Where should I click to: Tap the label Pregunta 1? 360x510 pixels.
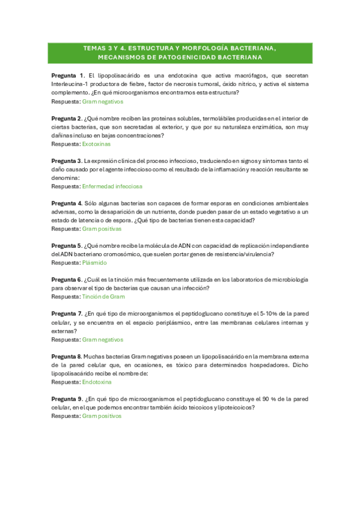68,76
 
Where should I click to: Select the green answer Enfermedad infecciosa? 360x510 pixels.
112,186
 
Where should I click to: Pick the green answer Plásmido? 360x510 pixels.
94,263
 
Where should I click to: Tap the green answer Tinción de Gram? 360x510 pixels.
103,296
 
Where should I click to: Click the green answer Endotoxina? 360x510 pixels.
97,381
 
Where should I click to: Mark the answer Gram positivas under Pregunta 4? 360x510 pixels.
102,229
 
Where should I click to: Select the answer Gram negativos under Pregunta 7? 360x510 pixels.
102,339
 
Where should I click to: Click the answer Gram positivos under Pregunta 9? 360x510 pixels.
102,416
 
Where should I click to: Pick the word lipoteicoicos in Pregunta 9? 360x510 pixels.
235,407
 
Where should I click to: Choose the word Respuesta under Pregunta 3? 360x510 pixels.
66,186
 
